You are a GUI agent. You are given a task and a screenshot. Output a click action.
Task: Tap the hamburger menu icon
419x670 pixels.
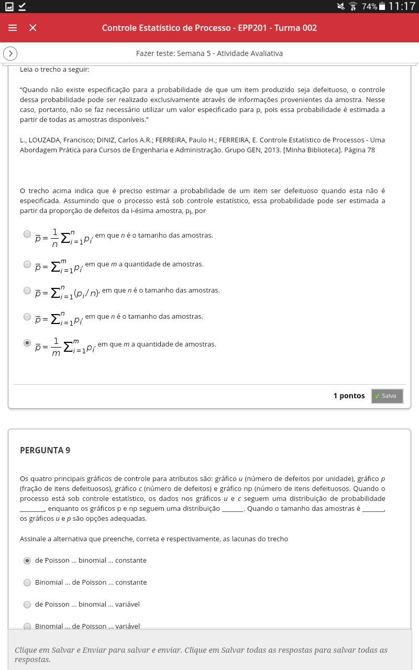pos(13,28)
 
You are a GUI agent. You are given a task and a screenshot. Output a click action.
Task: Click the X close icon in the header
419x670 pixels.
pos(32,28)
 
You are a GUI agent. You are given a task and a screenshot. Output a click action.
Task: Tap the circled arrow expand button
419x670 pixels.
pos(10,53)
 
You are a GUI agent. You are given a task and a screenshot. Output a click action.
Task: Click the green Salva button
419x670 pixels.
pos(387,396)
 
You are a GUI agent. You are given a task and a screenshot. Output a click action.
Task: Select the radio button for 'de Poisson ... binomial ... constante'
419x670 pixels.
pos(28,560)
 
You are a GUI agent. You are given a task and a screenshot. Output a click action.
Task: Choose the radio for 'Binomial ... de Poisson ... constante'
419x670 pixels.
pos(28,582)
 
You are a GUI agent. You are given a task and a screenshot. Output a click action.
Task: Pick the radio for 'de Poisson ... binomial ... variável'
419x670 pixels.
pos(28,604)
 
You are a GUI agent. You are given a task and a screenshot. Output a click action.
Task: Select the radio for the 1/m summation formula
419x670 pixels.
pos(28,343)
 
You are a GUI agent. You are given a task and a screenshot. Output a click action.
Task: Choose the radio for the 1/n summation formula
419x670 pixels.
pos(28,234)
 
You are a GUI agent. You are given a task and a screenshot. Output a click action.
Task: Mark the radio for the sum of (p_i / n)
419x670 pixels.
pos(28,290)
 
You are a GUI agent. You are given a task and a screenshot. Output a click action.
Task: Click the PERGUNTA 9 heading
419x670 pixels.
pos(45,450)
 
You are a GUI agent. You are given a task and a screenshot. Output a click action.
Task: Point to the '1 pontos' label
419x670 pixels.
pos(349,396)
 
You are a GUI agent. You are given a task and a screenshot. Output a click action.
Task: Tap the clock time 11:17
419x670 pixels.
pos(402,6)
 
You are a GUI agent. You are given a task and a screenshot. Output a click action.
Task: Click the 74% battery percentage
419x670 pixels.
pos(369,6)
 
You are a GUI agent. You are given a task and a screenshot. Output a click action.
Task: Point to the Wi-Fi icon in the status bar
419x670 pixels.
pos(353,6)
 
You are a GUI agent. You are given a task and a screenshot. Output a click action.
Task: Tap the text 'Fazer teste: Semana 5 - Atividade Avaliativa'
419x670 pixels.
pos(209,53)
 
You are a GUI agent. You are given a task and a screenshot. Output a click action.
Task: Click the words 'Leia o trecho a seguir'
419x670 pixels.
pos(54,69)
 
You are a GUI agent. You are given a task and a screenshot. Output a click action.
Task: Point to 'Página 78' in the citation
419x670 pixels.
pos(359,150)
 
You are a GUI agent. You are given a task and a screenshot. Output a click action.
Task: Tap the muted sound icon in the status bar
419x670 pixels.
pos(341,6)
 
